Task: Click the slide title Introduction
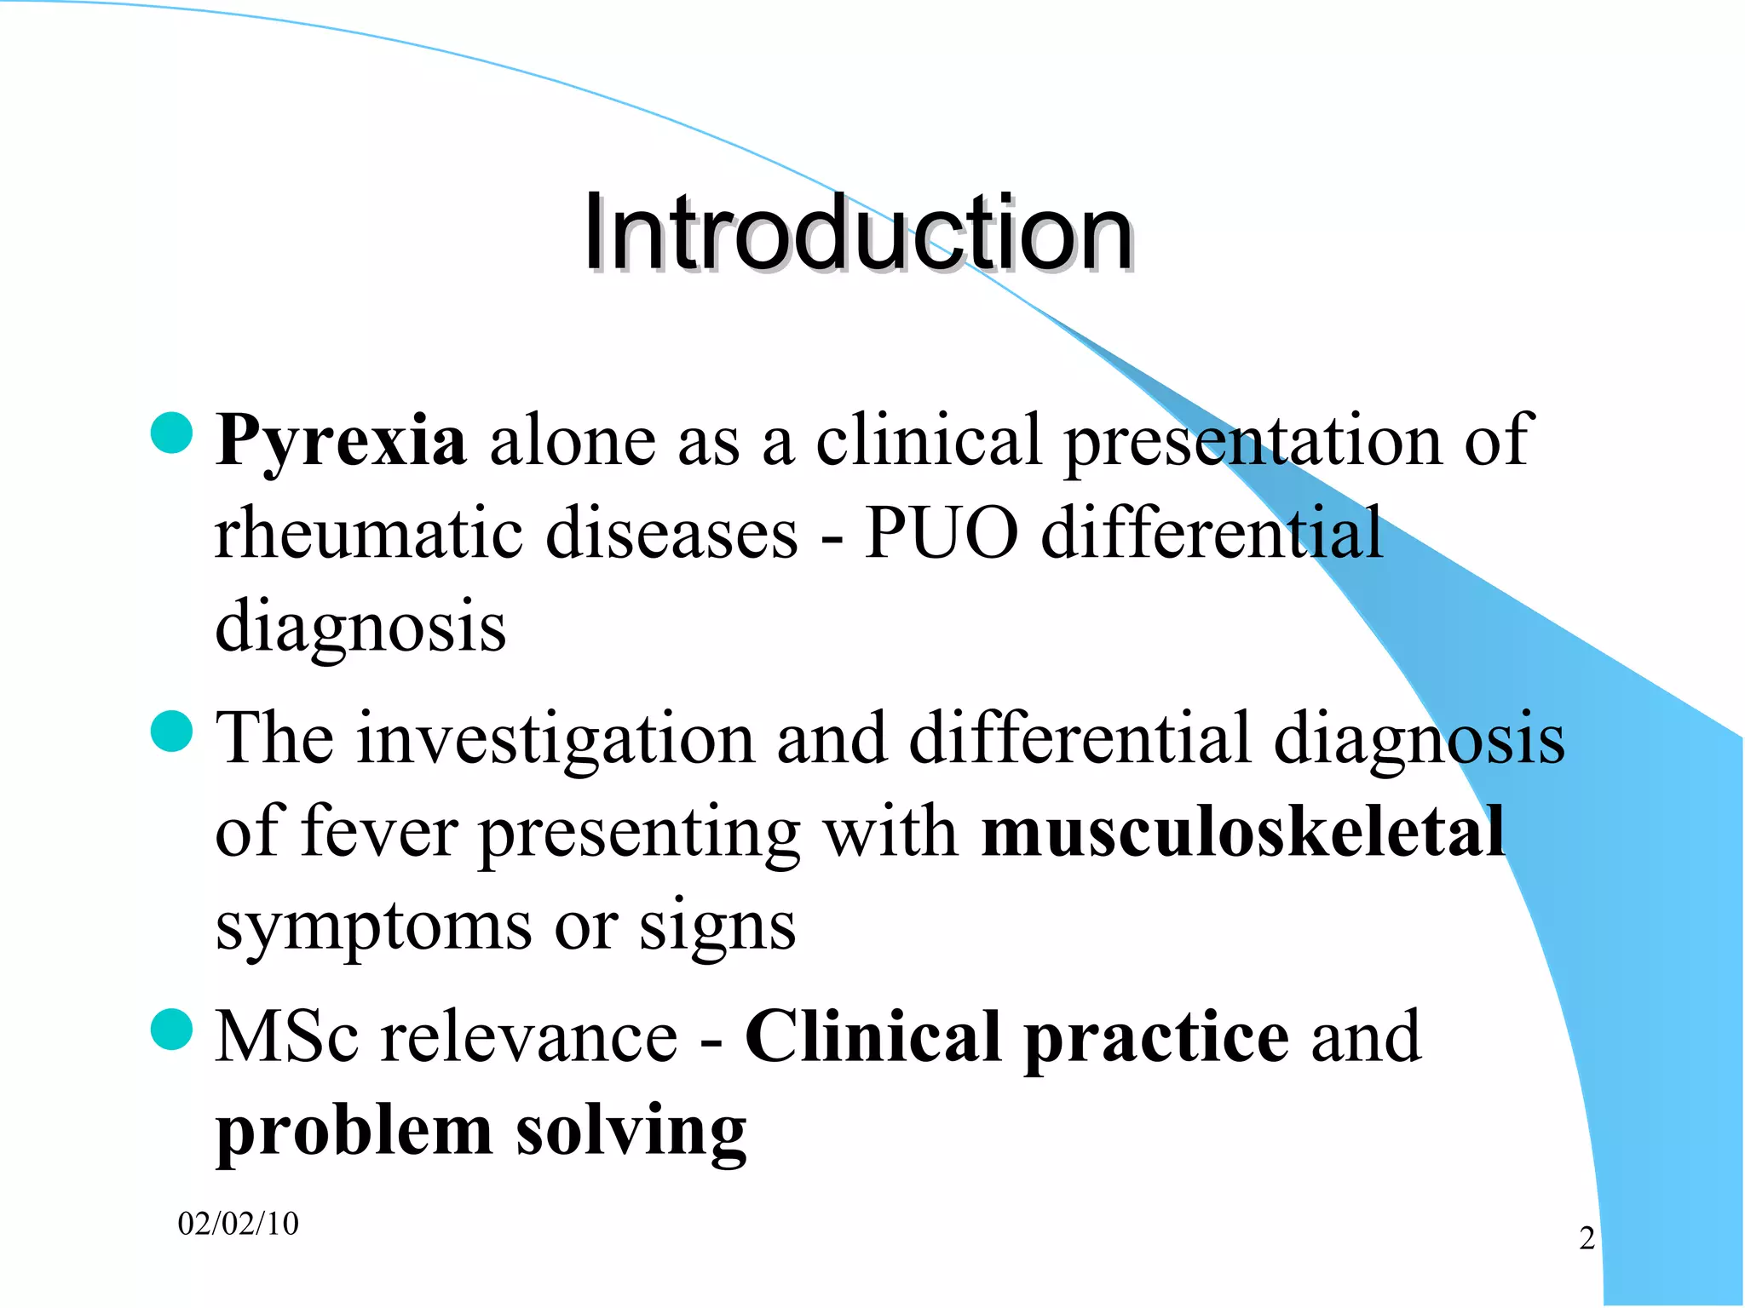point(857,233)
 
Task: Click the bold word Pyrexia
point(341,441)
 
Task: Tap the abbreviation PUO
point(941,534)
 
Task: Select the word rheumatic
point(368,534)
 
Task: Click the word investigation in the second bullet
point(555,737)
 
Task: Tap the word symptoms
point(373,926)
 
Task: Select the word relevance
point(529,1036)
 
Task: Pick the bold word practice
point(1156,1038)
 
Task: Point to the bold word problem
point(354,1133)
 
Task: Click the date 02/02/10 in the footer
point(239,1224)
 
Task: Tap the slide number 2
point(1587,1238)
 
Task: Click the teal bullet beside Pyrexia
point(171,433)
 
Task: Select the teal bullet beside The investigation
point(171,731)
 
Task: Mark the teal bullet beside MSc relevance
point(171,1030)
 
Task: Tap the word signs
point(717,926)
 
